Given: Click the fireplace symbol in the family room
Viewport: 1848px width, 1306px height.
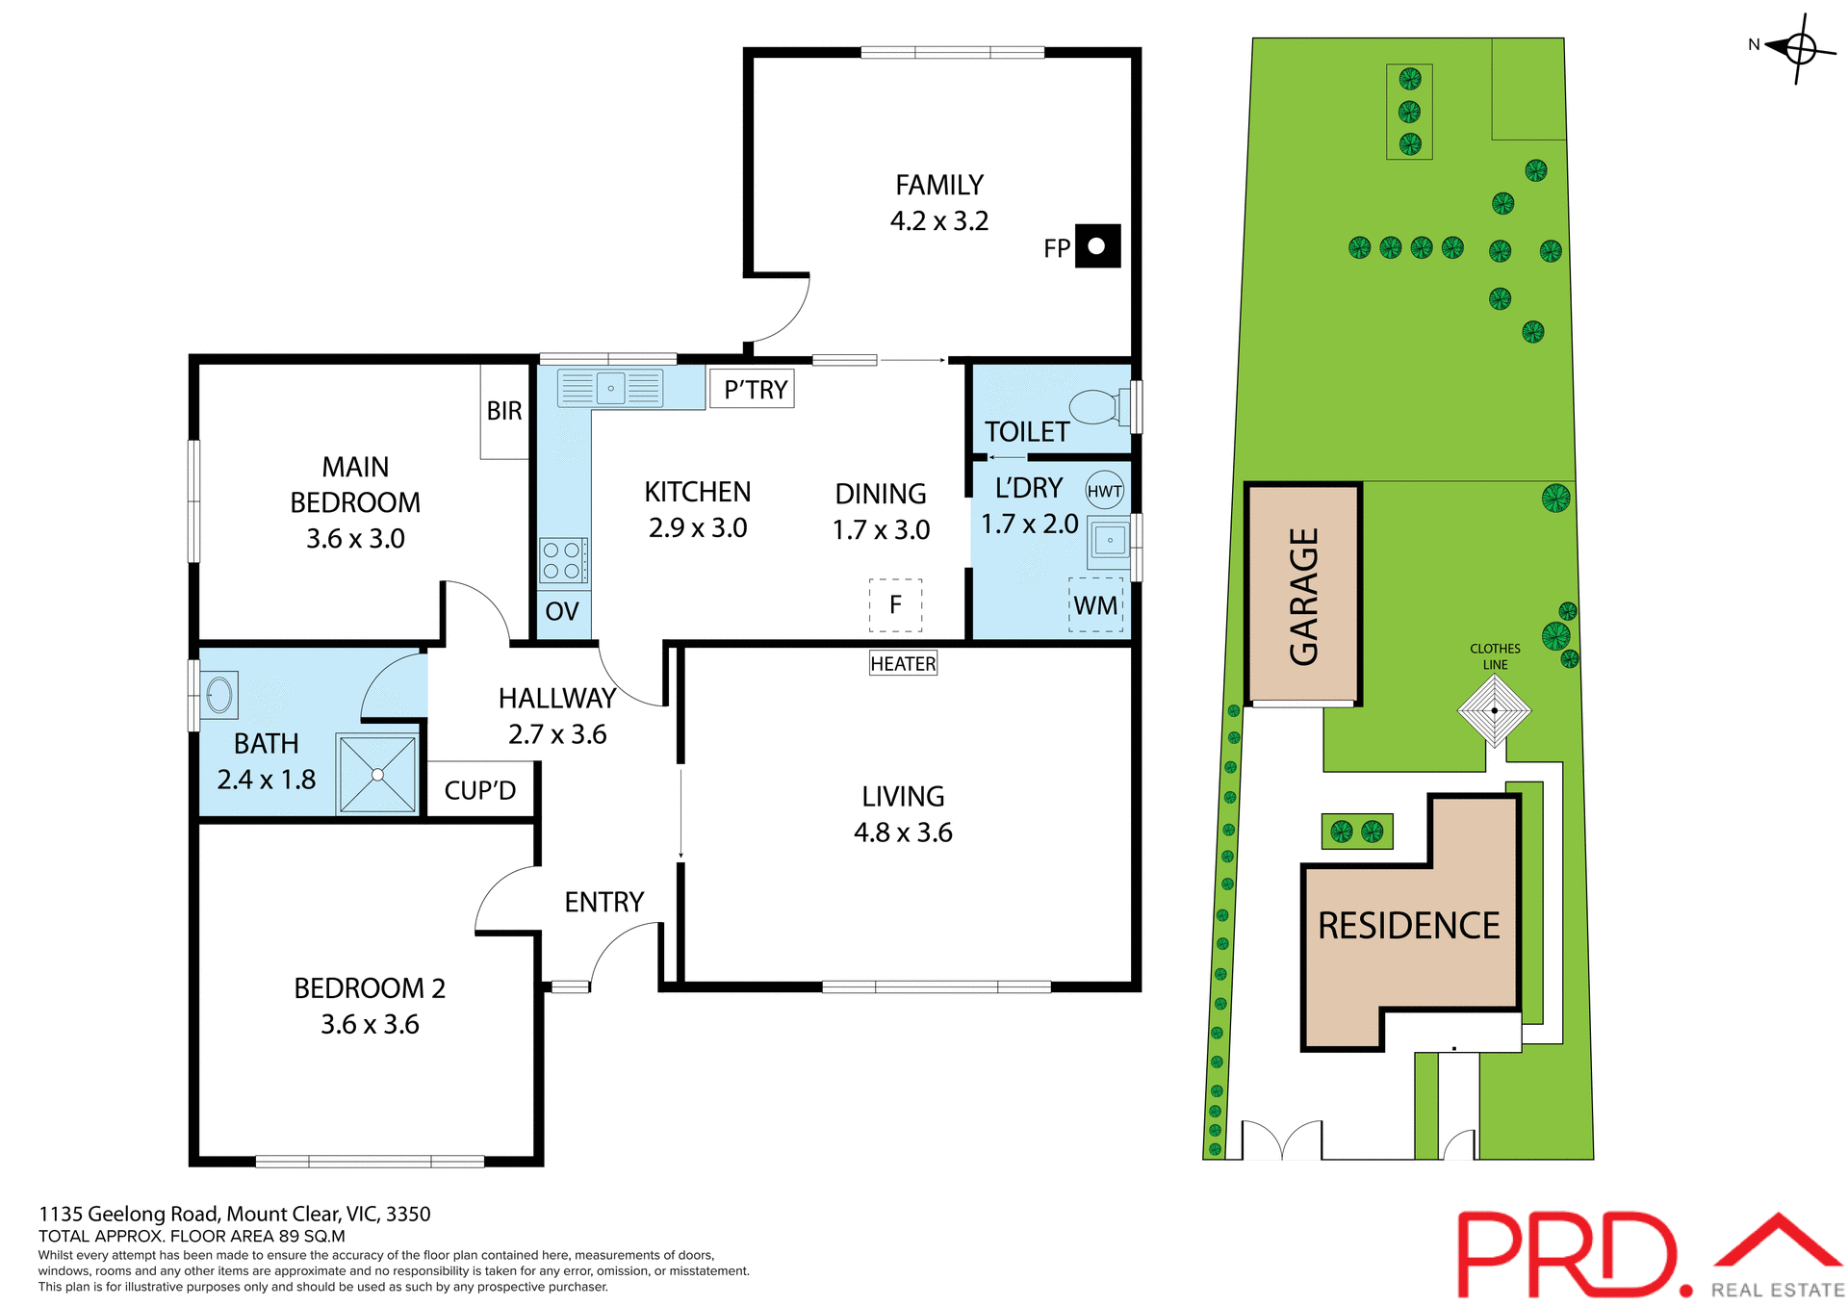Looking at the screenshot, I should point(1097,245).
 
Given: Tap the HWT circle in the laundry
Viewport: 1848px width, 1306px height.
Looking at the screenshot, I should point(1104,491).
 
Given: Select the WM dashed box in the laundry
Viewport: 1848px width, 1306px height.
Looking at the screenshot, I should point(1095,605).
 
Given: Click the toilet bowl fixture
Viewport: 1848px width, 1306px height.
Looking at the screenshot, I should point(1096,407).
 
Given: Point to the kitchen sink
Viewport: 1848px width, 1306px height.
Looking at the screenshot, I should point(611,388).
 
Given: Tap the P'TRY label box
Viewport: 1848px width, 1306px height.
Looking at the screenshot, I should point(752,389).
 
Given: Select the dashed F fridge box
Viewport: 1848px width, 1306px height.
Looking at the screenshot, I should point(895,605).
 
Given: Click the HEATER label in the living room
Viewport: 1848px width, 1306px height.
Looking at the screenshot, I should point(903,663).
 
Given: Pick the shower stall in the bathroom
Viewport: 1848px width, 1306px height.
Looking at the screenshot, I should point(377,774).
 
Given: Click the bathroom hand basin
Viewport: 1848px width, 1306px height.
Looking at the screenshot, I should point(219,695).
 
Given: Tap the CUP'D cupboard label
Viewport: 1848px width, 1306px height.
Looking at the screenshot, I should point(479,790).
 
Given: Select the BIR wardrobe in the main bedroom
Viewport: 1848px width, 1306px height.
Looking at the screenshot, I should point(504,411).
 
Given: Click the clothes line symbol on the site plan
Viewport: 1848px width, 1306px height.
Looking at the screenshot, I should point(1494,711).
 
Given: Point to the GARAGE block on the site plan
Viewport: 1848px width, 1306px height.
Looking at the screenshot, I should point(1303,595).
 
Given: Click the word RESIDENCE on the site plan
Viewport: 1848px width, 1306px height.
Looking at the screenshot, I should point(1408,926).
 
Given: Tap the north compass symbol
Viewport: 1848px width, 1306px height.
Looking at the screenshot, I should point(1798,47).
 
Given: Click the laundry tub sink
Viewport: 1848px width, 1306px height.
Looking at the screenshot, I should point(1110,541).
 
